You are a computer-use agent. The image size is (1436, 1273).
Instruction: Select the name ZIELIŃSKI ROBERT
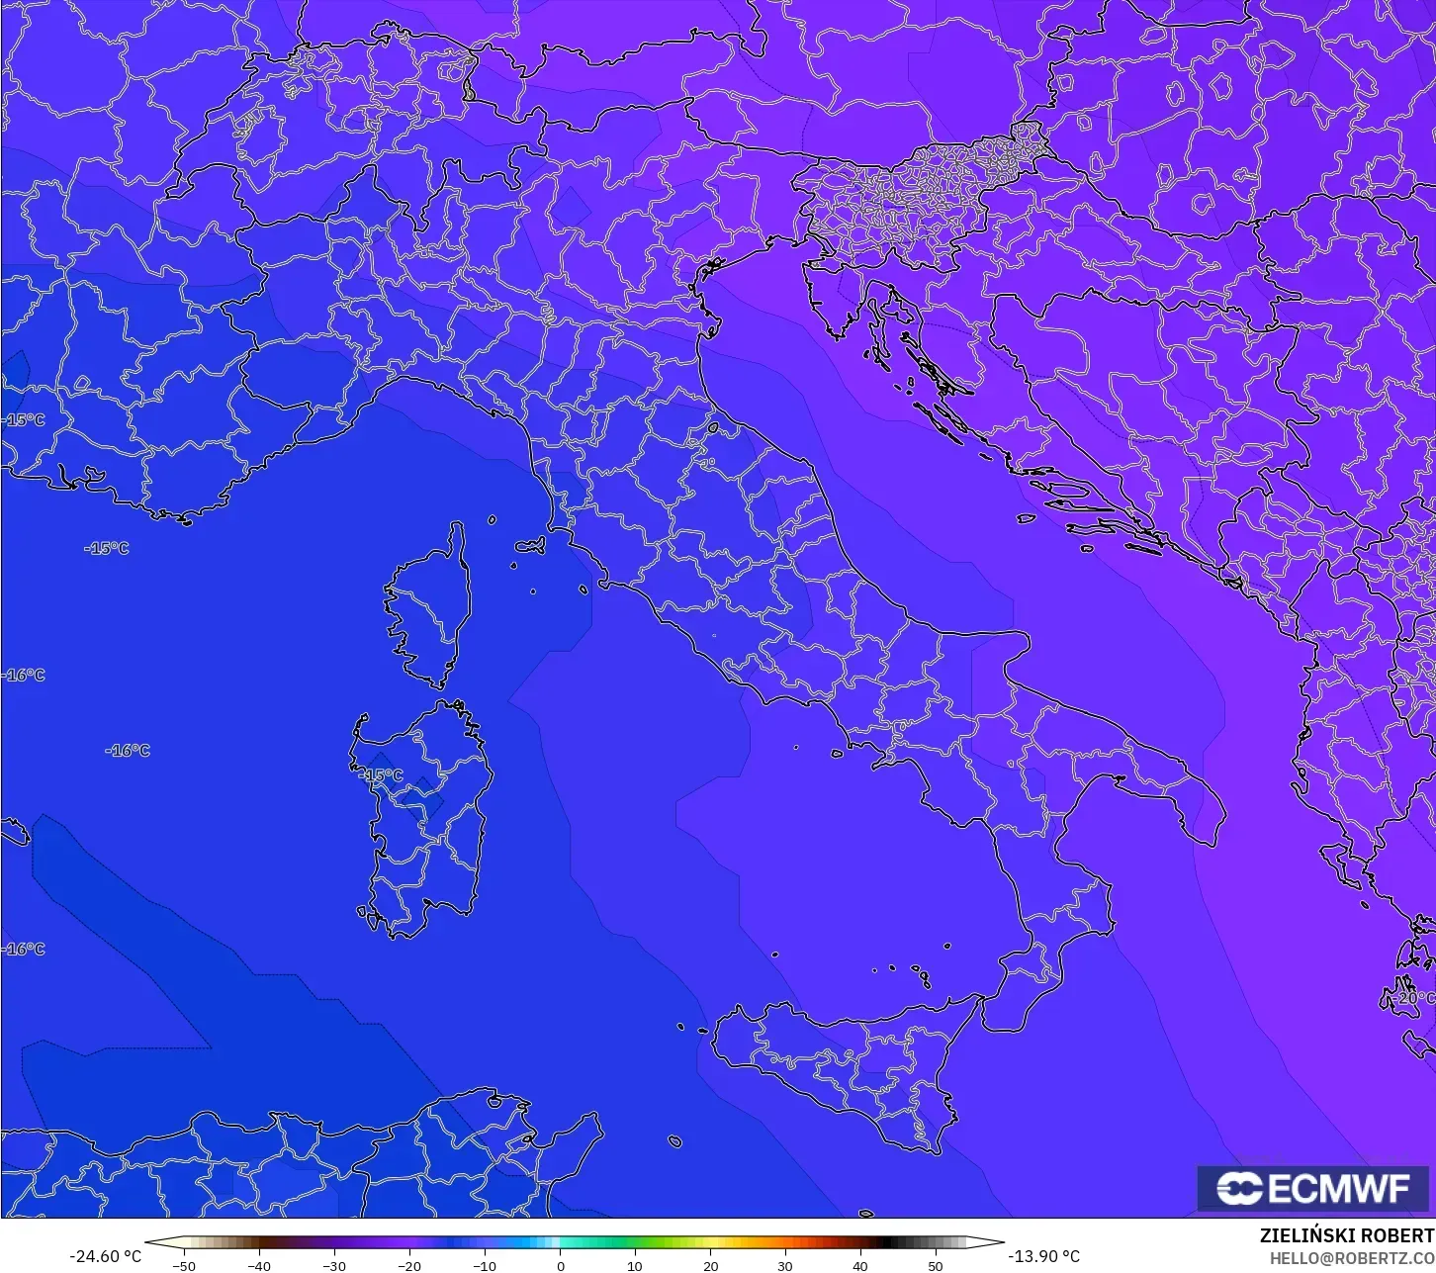pos(1346,1235)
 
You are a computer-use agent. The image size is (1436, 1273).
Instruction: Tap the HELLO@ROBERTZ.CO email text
pos(1352,1258)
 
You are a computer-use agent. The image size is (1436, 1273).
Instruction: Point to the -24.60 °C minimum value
pos(105,1256)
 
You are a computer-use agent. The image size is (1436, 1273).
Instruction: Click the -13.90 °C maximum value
pos(1044,1256)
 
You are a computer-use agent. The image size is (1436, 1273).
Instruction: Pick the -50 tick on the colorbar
pos(184,1265)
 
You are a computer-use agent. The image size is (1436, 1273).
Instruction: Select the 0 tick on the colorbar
pos(560,1265)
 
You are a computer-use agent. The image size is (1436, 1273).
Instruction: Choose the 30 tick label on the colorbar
pos(785,1265)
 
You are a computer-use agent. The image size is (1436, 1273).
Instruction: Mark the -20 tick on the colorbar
pos(409,1265)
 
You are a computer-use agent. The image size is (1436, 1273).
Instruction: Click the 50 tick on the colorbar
pos(936,1265)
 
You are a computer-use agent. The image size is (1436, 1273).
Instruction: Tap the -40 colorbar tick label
pos(259,1265)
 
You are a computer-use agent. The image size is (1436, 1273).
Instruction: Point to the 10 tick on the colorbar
pos(635,1265)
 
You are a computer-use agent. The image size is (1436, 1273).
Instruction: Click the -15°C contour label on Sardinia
pos(382,775)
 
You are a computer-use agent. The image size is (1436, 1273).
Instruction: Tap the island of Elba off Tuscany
pos(531,545)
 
